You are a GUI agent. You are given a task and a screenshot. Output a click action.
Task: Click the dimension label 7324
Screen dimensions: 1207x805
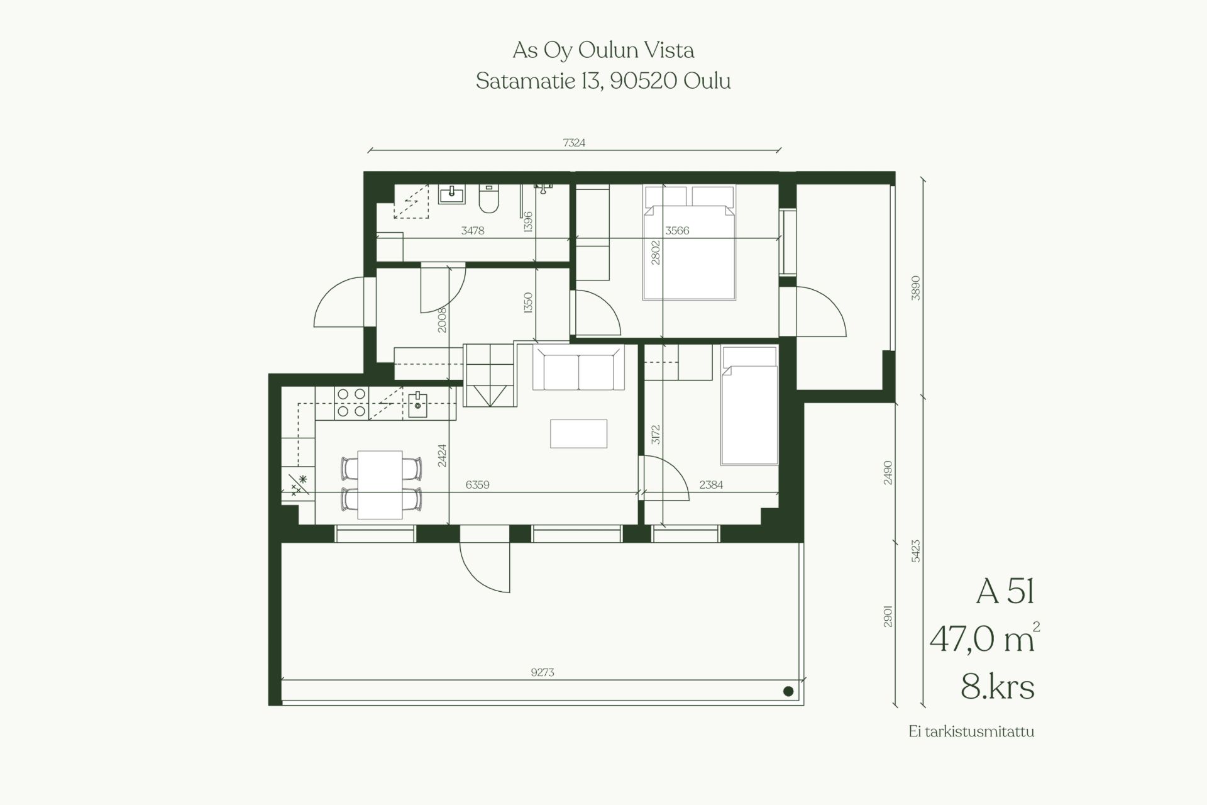574,143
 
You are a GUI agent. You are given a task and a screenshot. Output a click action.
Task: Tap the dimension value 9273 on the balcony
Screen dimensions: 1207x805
543,672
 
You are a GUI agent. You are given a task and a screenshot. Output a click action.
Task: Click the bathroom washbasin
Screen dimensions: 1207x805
451,194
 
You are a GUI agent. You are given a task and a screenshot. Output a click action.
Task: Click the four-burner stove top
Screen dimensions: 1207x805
351,402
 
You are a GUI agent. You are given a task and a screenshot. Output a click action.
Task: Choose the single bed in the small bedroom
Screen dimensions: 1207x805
749,406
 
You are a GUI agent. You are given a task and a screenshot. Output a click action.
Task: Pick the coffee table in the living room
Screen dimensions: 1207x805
578,433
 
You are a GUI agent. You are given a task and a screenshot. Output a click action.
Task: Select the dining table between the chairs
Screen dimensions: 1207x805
380,484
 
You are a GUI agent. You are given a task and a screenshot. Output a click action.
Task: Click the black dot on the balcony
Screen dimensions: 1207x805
788,692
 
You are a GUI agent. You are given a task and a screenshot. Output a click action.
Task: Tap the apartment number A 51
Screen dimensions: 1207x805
1005,592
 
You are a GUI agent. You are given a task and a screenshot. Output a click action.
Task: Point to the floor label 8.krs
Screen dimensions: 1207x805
998,687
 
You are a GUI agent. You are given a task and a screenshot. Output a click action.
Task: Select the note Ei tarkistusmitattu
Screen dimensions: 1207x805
971,732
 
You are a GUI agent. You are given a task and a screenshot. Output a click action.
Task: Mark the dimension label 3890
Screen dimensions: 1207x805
915,287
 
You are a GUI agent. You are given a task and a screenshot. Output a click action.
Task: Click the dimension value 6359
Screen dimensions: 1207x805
477,485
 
